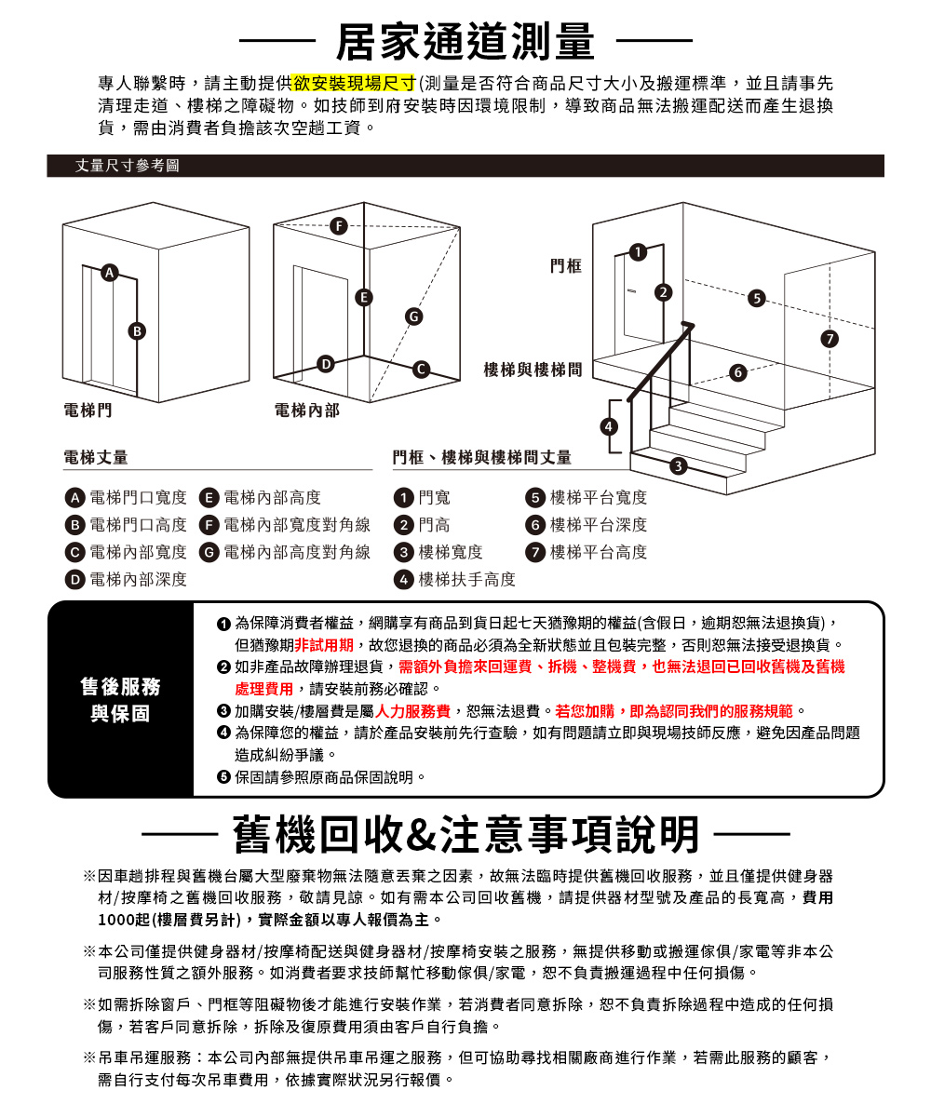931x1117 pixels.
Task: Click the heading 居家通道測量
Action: pos(465,40)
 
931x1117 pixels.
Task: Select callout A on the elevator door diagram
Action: pos(110,272)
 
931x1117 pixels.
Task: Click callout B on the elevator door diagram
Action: pos(138,330)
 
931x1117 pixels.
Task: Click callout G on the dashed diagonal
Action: pos(411,316)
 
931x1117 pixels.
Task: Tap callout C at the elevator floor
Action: pos(421,369)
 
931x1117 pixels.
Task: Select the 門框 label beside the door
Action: pos(566,266)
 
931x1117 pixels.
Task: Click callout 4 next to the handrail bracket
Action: pos(609,426)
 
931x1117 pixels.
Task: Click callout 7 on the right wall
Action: pos(829,336)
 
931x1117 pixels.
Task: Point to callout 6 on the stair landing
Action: pos(737,372)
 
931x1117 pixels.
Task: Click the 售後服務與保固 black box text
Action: pos(120,700)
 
